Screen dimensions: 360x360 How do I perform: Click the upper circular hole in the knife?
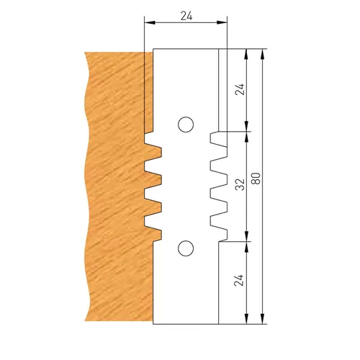click(x=185, y=125)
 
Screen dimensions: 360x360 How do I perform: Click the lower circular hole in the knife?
click(x=185, y=249)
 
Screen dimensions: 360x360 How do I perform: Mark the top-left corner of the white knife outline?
click(x=153, y=50)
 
